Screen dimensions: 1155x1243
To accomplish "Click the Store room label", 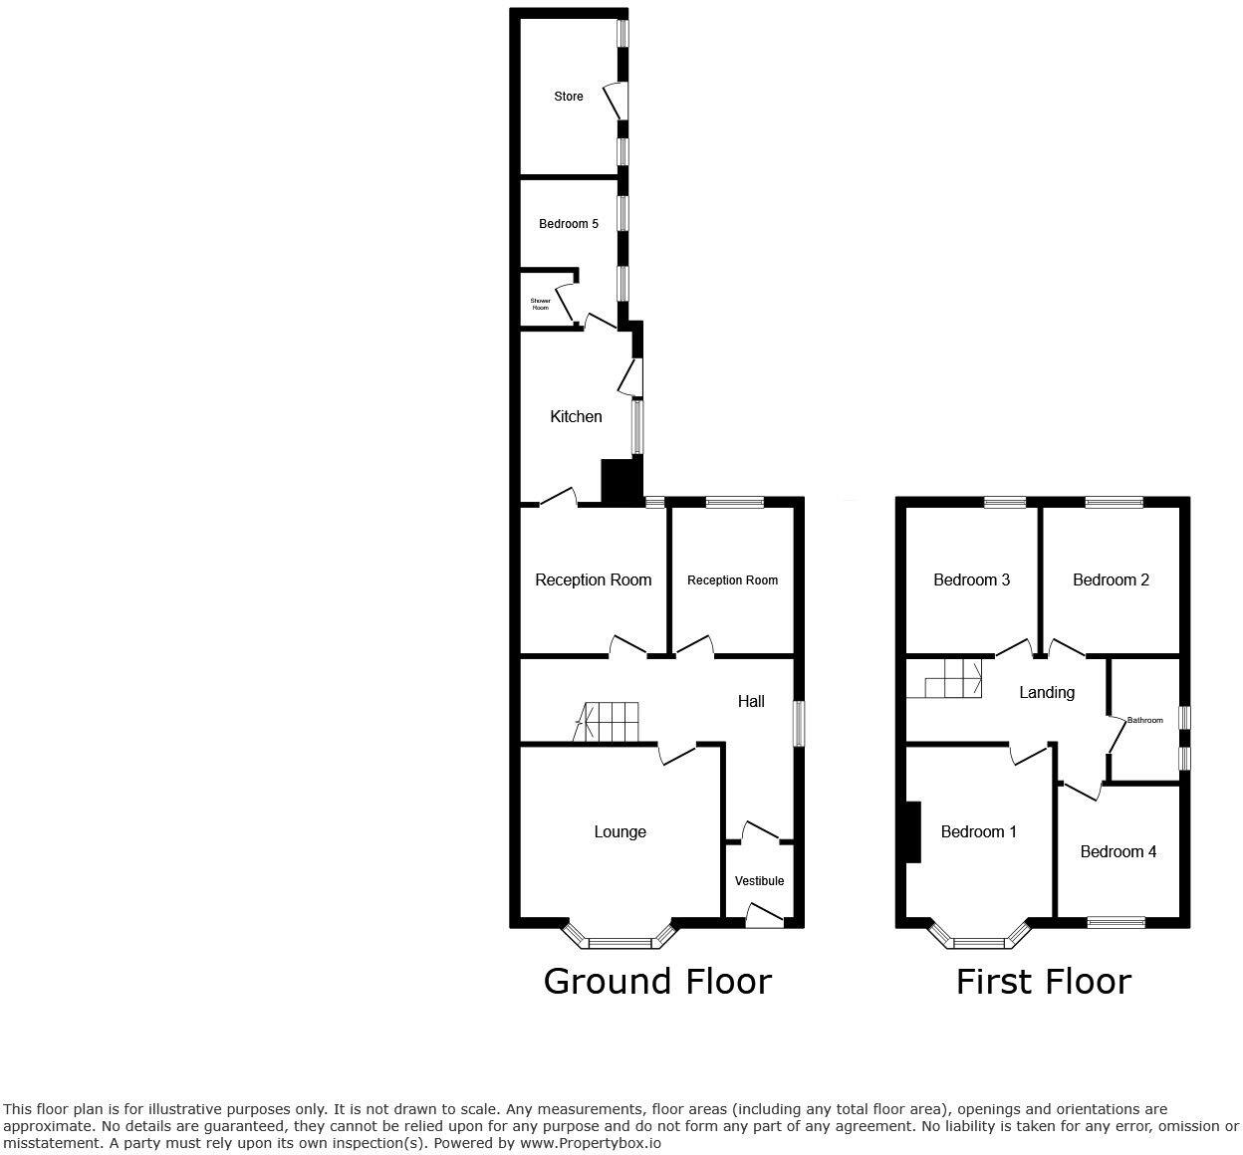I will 569,97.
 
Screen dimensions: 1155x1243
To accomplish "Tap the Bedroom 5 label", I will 569,224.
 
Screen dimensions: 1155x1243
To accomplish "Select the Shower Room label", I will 540,305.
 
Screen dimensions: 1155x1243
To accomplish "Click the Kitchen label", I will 576,417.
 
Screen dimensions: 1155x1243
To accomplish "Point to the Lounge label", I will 620,832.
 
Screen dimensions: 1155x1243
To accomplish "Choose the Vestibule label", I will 759,881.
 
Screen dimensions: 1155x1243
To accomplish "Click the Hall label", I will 751,702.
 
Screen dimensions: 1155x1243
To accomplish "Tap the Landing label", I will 1047,693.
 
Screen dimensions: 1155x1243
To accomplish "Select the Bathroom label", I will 1144,720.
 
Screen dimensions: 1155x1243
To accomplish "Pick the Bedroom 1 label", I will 978,832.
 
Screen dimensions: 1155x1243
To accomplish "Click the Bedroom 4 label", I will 1118,852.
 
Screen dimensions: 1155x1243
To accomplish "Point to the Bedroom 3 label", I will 971,580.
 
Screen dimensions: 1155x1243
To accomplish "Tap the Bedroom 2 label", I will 1111,580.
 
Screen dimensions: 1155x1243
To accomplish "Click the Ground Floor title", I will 657,982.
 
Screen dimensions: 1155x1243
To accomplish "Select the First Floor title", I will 1043,982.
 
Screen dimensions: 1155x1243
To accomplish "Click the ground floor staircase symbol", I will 609,721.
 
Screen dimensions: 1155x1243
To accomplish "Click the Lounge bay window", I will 620,939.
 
